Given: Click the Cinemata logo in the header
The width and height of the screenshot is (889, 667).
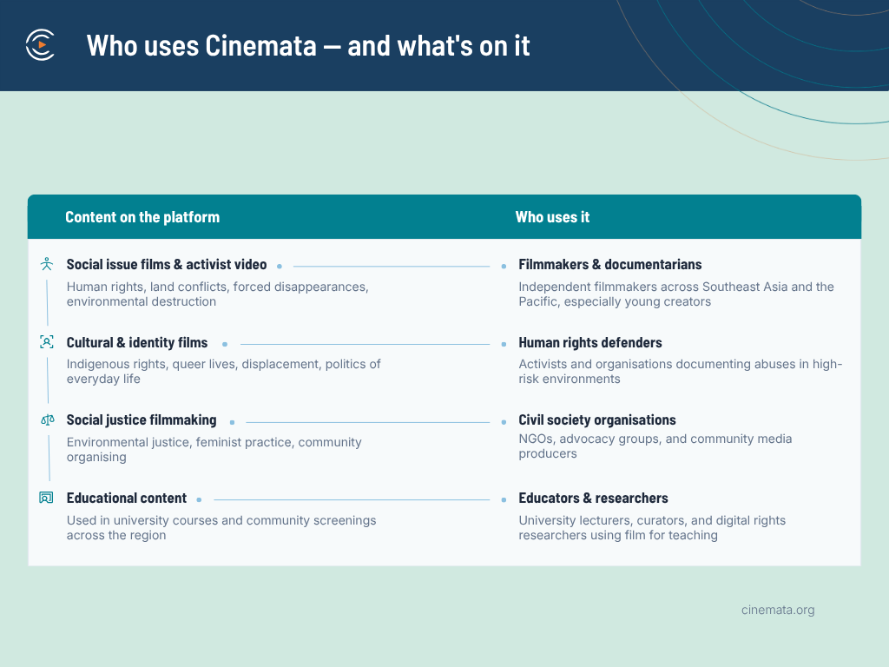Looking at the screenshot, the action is point(40,45).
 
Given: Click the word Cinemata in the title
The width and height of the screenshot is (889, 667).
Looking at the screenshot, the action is point(260,46).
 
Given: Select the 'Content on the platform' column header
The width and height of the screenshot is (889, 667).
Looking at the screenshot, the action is point(142,217).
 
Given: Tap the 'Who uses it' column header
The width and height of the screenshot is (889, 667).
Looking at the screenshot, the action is point(552,217).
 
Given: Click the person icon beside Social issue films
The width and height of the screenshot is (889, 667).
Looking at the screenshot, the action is point(47,264).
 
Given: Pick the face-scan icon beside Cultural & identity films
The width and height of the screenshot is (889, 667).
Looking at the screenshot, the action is point(47,342).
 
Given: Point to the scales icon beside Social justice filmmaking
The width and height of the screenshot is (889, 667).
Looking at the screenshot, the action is point(48,420).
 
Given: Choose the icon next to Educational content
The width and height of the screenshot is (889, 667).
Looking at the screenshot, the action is point(47,498).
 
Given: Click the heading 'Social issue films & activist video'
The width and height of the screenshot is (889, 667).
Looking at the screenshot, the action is point(167,265).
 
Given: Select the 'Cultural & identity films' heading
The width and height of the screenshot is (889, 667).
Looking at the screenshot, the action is point(137,342).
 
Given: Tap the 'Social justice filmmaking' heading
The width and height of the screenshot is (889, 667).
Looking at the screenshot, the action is point(142,420).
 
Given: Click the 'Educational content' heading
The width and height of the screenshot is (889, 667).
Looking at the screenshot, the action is point(127,498).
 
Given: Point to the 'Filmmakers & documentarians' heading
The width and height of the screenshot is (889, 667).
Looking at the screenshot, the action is point(610,265).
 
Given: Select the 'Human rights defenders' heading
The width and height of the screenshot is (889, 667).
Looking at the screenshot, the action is point(590,342).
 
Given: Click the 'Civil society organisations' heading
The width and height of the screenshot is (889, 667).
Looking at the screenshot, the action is point(597,420).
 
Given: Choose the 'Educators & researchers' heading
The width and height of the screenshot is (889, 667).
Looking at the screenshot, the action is point(593,498).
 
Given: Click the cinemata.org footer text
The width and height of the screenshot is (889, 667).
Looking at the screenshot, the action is point(778,611).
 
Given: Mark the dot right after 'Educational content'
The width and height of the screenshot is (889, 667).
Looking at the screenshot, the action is point(199,499).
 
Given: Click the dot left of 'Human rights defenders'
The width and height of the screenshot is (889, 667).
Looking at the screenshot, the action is point(504,344).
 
